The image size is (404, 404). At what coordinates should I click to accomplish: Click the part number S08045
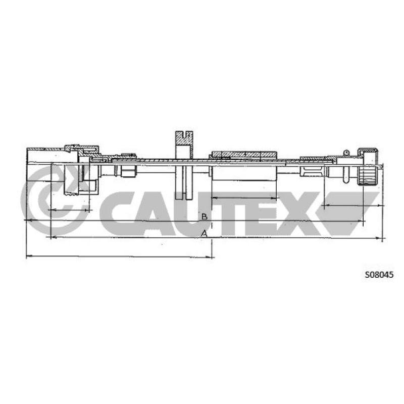click(x=379, y=275)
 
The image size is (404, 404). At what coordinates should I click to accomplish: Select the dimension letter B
click(x=205, y=217)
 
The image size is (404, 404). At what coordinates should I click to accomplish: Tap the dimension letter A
click(x=204, y=233)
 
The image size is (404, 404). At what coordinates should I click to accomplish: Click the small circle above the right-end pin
click(x=346, y=153)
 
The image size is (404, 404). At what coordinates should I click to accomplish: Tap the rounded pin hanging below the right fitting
click(x=346, y=174)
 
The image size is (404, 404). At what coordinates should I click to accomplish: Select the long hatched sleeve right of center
click(x=243, y=155)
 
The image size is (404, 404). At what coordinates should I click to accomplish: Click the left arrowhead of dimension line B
click(x=28, y=220)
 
